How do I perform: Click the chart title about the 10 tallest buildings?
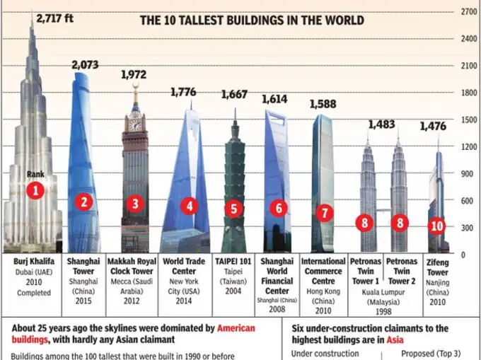[x=252, y=21]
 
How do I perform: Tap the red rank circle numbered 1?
[x=35, y=190]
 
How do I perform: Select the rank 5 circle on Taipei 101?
[x=235, y=209]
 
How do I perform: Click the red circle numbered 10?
[x=436, y=226]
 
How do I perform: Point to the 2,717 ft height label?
[x=54, y=18]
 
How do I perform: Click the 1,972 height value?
[x=134, y=74]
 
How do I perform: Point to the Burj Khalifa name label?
[x=30, y=261]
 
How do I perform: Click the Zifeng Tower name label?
[x=437, y=267]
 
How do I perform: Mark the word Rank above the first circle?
[x=35, y=174]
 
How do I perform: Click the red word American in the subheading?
[x=236, y=328]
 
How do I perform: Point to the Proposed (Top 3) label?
[x=431, y=354]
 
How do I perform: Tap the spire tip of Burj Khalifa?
[x=31, y=11]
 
